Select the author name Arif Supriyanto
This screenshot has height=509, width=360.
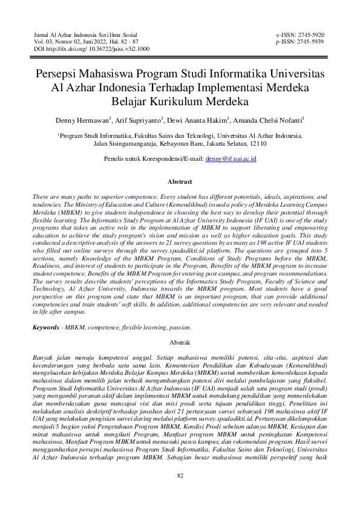point(145,120)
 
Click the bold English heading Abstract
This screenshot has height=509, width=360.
point(180,181)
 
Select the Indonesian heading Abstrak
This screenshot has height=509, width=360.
point(180,342)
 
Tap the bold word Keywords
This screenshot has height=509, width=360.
point(46,327)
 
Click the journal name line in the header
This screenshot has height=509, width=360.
point(85,36)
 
